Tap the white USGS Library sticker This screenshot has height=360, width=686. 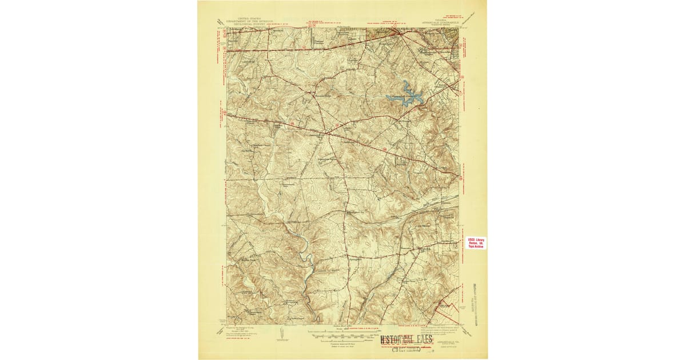click(x=476, y=243)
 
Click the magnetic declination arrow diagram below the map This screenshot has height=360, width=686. click(x=282, y=335)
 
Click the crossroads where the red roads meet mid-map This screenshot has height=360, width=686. click(x=328, y=133)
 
